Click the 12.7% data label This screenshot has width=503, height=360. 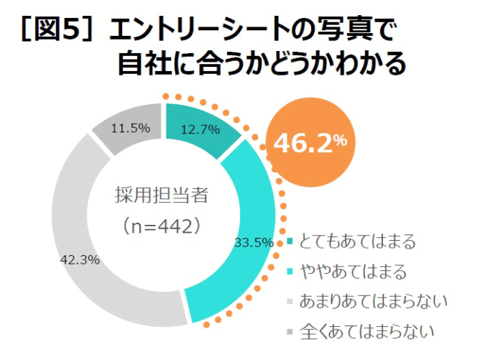(199, 130)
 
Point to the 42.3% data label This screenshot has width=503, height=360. (80, 259)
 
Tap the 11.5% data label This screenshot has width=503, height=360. (130, 129)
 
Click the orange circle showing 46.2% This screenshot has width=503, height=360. (310, 142)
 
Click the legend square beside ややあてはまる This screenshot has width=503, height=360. (290, 272)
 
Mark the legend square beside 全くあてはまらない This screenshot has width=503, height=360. (290, 333)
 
